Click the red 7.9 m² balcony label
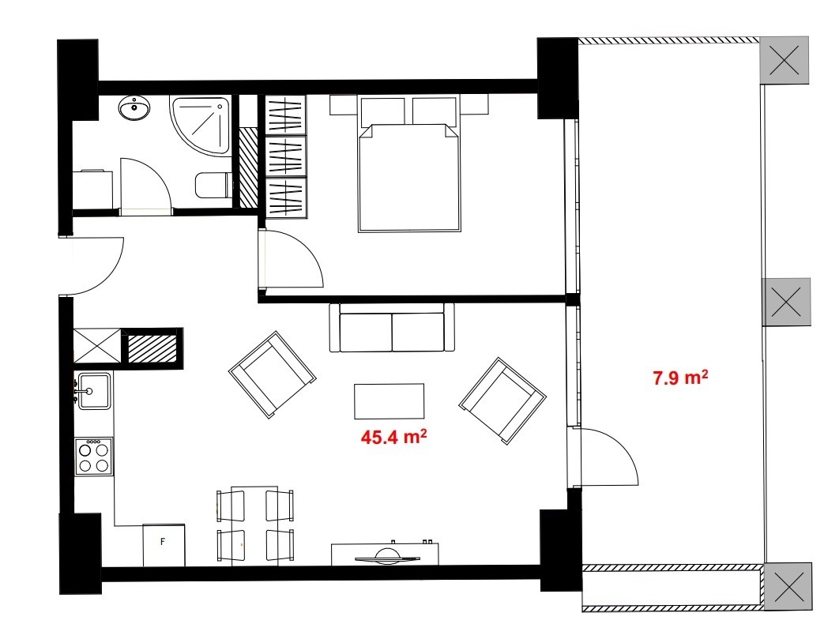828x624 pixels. pyautogui.click(x=679, y=378)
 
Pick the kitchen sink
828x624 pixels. pyautogui.click(x=94, y=390)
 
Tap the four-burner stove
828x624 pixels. pyautogui.click(x=93, y=456)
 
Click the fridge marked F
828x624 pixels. pyautogui.click(x=164, y=544)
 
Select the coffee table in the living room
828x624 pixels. pyautogui.click(x=389, y=401)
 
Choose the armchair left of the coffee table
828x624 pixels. pyautogui.click(x=273, y=374)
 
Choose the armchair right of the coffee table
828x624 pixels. pyautogui.click(x=502, y=399)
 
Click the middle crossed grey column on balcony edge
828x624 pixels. pyautogui.click(x=786, y=302)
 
